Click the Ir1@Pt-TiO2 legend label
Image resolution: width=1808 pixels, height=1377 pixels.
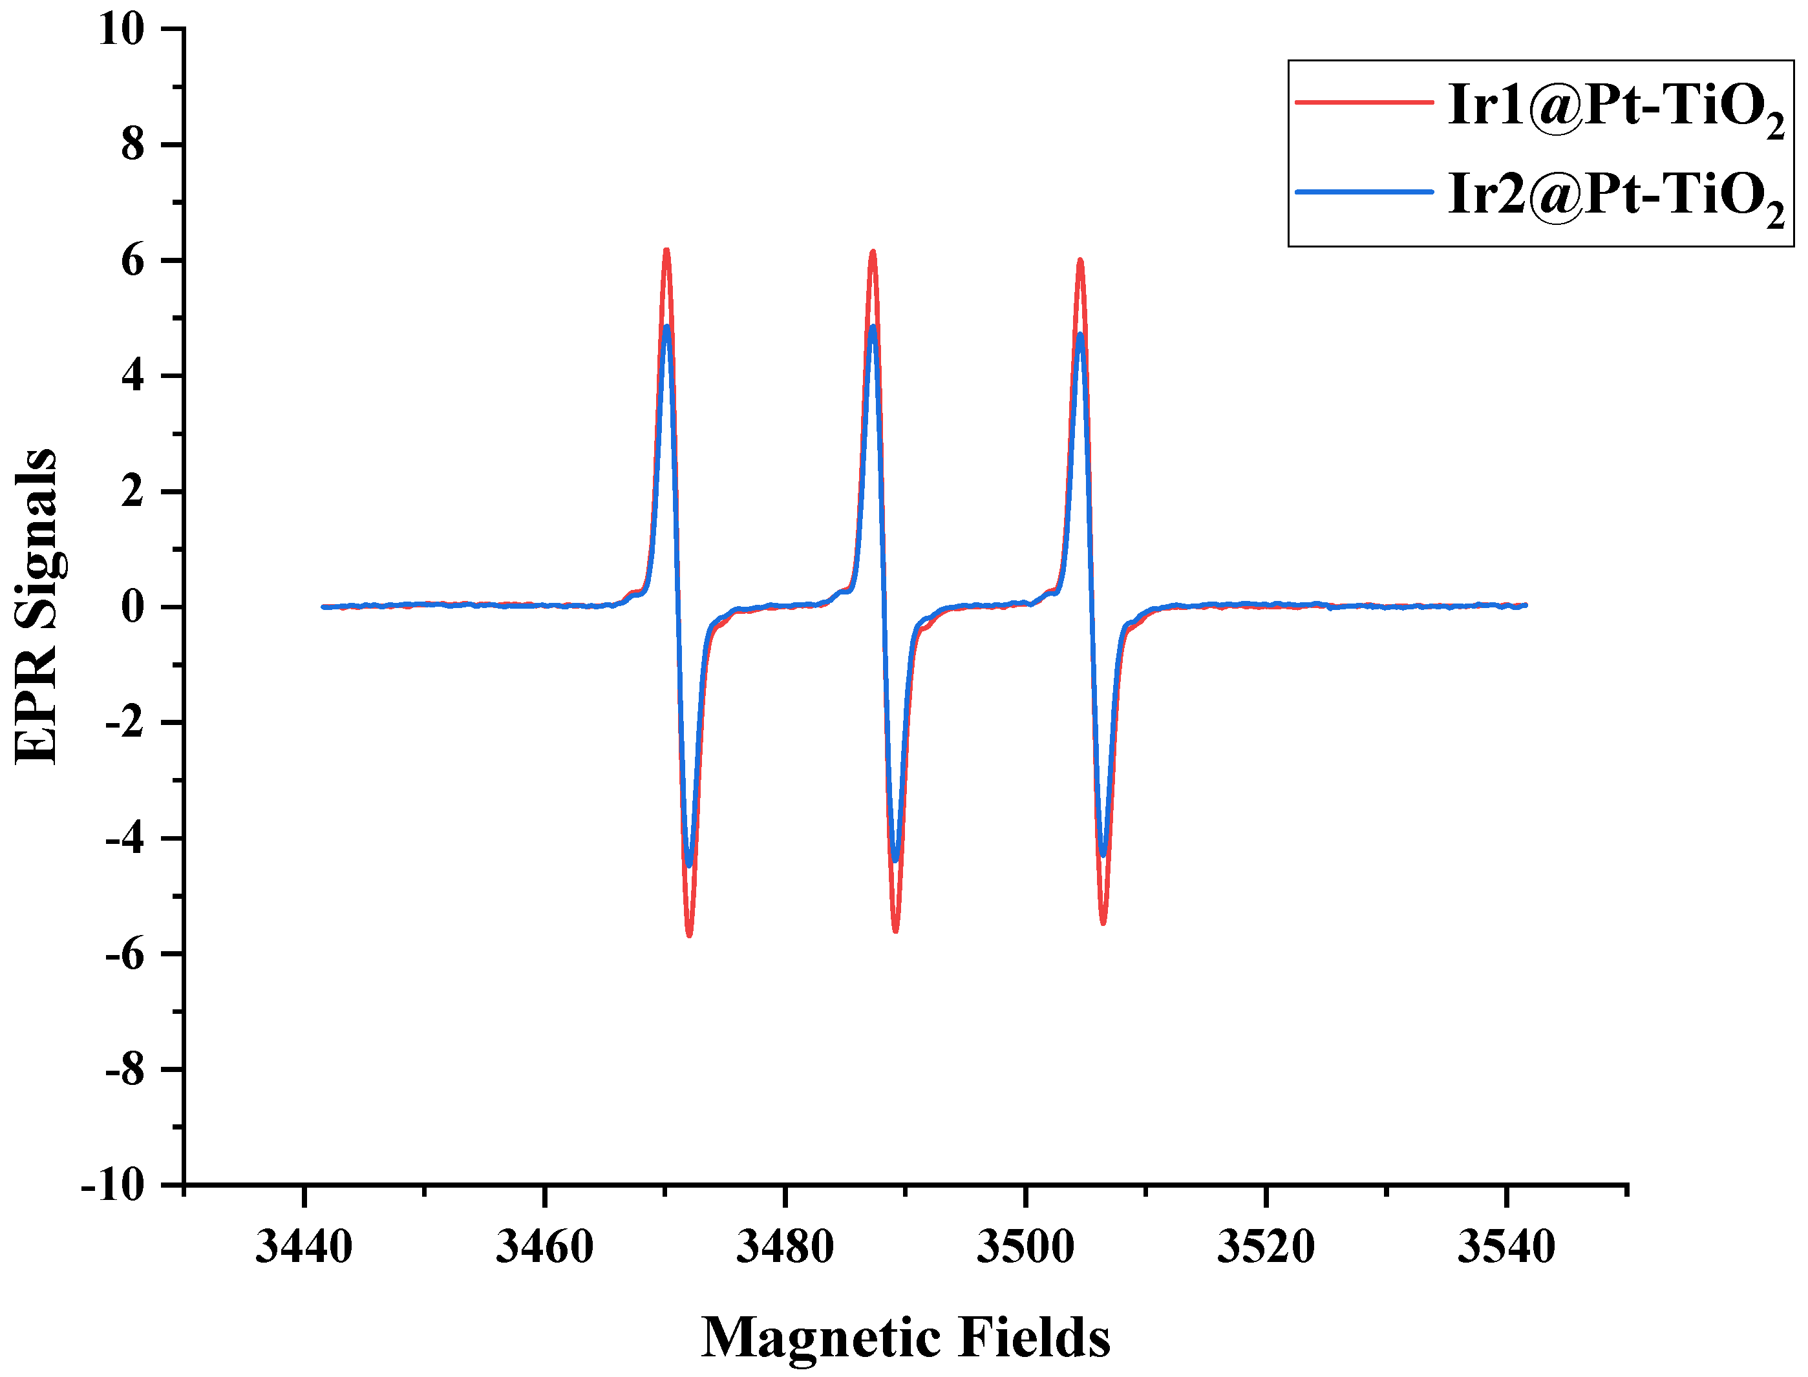1615,107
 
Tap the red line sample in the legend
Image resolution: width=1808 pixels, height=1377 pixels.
1363,103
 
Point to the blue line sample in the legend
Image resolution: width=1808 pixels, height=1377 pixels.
1363,192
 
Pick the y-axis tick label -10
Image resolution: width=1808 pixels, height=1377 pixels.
112,1185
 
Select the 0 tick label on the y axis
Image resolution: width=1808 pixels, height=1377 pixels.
132,607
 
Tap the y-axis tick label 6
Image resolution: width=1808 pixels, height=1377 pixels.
132,260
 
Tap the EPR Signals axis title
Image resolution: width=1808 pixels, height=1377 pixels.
37,607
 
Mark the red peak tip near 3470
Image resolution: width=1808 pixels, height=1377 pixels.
666,249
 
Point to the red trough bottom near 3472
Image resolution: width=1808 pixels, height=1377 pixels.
690,935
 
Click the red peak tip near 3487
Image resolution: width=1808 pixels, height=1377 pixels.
873,251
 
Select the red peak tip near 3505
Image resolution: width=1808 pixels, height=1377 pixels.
1080,260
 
